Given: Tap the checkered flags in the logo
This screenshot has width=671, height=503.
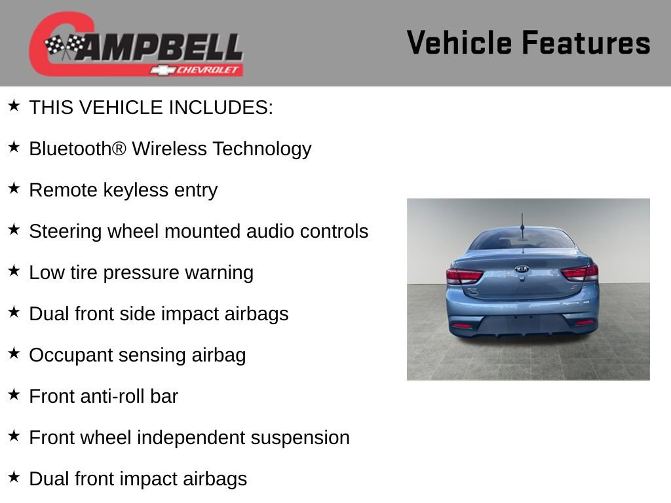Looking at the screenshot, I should tap(64, 46).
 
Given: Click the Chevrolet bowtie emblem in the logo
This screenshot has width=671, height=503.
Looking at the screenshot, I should tap(161, 70).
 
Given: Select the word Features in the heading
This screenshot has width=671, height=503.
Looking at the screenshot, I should tap(586, 43).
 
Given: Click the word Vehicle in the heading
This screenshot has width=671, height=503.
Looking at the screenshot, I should tap(459, 43).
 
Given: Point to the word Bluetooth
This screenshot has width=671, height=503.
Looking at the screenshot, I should tap(69, 149).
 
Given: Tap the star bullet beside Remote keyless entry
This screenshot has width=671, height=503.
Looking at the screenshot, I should tap(14, 189).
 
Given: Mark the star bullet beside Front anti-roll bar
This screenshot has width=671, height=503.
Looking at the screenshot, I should tap(14, 395).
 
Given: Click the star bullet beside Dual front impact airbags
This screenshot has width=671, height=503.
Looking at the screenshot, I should tap(14, 477).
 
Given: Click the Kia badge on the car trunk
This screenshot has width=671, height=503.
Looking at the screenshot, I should tap(522, 269).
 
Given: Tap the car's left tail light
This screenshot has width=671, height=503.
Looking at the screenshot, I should tap(464, 275).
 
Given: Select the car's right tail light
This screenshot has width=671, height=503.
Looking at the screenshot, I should tap(580, 272).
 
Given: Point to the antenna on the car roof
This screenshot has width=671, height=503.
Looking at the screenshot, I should tap(522, 226).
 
